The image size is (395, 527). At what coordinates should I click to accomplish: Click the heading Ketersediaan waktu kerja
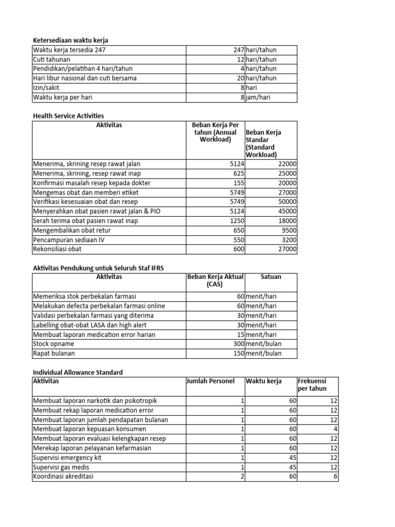pyautogui.click(x=70, y=40)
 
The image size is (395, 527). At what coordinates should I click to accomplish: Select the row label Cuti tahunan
pyautogui.click(x=51, y=59)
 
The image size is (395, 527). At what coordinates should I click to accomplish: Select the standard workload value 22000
pyautogui.click(x=286, y=164)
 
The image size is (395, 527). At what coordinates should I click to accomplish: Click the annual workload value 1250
pyautogui.click(x=237, y=221)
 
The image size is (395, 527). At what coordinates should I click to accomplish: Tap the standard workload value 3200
pyautogui.click(x=288, y=240)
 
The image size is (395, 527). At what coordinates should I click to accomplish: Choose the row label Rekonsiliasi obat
pyautogui.click(x=57, y=249)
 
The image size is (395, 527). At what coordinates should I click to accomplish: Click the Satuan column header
pyautogui.click(x=271, y=277)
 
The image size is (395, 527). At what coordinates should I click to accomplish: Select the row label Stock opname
pyautogui.click(x=53, y=344)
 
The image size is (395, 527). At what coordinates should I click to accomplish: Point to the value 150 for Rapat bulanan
pyautogui.click(x=238, y=353)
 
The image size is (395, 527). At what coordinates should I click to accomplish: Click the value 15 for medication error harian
pyautogui.click(x=240, y=335)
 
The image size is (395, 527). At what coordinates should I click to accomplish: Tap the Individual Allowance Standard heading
pyautogui.click(x=78, y=372)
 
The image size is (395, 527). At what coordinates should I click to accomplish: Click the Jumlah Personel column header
pyautogui.click(x=210, y=381)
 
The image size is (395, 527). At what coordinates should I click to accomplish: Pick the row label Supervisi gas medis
pyautogui.click(x=61, y=467)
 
